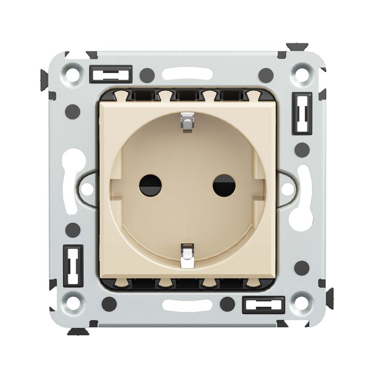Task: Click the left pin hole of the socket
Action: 150,186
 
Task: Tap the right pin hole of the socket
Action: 224,186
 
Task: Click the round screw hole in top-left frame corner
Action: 73,74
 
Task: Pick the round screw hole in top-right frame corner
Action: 299,74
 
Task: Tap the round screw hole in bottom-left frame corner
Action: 73,302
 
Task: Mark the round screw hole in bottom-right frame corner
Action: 299,302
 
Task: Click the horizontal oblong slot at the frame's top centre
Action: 186,74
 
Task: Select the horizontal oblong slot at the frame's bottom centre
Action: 186,304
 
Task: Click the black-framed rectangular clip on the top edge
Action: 111,74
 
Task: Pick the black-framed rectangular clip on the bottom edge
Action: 263,304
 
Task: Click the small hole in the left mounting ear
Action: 87,189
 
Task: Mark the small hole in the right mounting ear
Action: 287,189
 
